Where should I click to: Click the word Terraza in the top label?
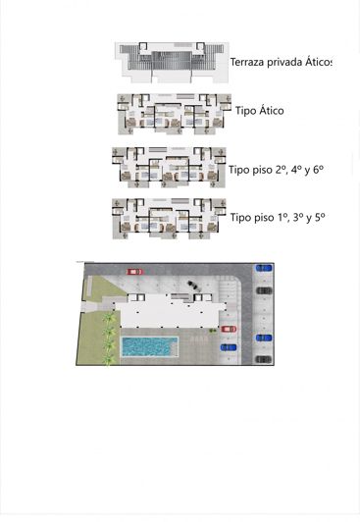(x=246, y=63)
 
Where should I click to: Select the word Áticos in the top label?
(x=316, y=63)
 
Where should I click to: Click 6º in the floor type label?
(x=316, y=169)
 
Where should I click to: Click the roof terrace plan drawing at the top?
(x=171, y=61)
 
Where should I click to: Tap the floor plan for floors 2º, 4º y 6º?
(x=169, y=167)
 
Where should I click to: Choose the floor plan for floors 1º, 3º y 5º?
(x=169, y=218)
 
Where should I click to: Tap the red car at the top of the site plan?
(x=135, y=271)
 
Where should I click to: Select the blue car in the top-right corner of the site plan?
(x=263, y=268)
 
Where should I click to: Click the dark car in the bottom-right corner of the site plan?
(x=263, y=359)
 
